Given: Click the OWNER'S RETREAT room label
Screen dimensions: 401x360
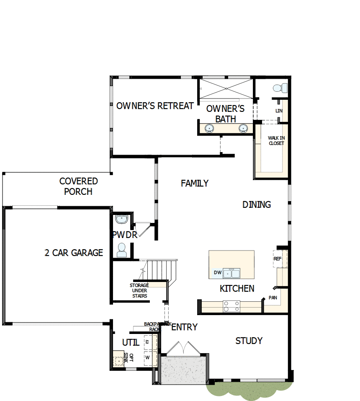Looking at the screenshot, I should (155, 106).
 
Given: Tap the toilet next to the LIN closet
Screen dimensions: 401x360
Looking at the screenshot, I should (279, 88).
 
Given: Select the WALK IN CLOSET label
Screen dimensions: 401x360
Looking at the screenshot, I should (276, 140).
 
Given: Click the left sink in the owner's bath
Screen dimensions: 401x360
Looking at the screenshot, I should (208, 128).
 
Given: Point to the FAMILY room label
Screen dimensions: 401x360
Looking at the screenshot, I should (195, 183).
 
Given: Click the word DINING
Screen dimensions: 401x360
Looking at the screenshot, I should (257, 204).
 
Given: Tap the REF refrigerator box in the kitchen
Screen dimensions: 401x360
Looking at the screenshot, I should (278, 259).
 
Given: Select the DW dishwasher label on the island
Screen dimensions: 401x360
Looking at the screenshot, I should (217, 273).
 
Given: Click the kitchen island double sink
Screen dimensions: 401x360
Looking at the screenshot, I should (231, 274).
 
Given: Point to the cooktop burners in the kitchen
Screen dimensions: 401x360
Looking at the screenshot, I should (231, 306).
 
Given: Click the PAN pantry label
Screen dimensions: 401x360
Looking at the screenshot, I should (273, 298).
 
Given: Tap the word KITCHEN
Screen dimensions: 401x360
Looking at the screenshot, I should (237, 288).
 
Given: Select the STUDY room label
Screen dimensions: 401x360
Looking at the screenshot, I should (249, 341).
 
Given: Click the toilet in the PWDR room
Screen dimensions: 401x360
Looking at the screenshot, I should (122, 250).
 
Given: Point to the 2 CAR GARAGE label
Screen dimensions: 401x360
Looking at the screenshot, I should (74, 253).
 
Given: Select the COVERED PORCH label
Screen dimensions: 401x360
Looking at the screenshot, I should (79, 186).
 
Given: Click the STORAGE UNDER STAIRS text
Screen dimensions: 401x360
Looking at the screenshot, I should (139, 290).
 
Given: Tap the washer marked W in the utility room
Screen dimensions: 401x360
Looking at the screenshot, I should (147, 357).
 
